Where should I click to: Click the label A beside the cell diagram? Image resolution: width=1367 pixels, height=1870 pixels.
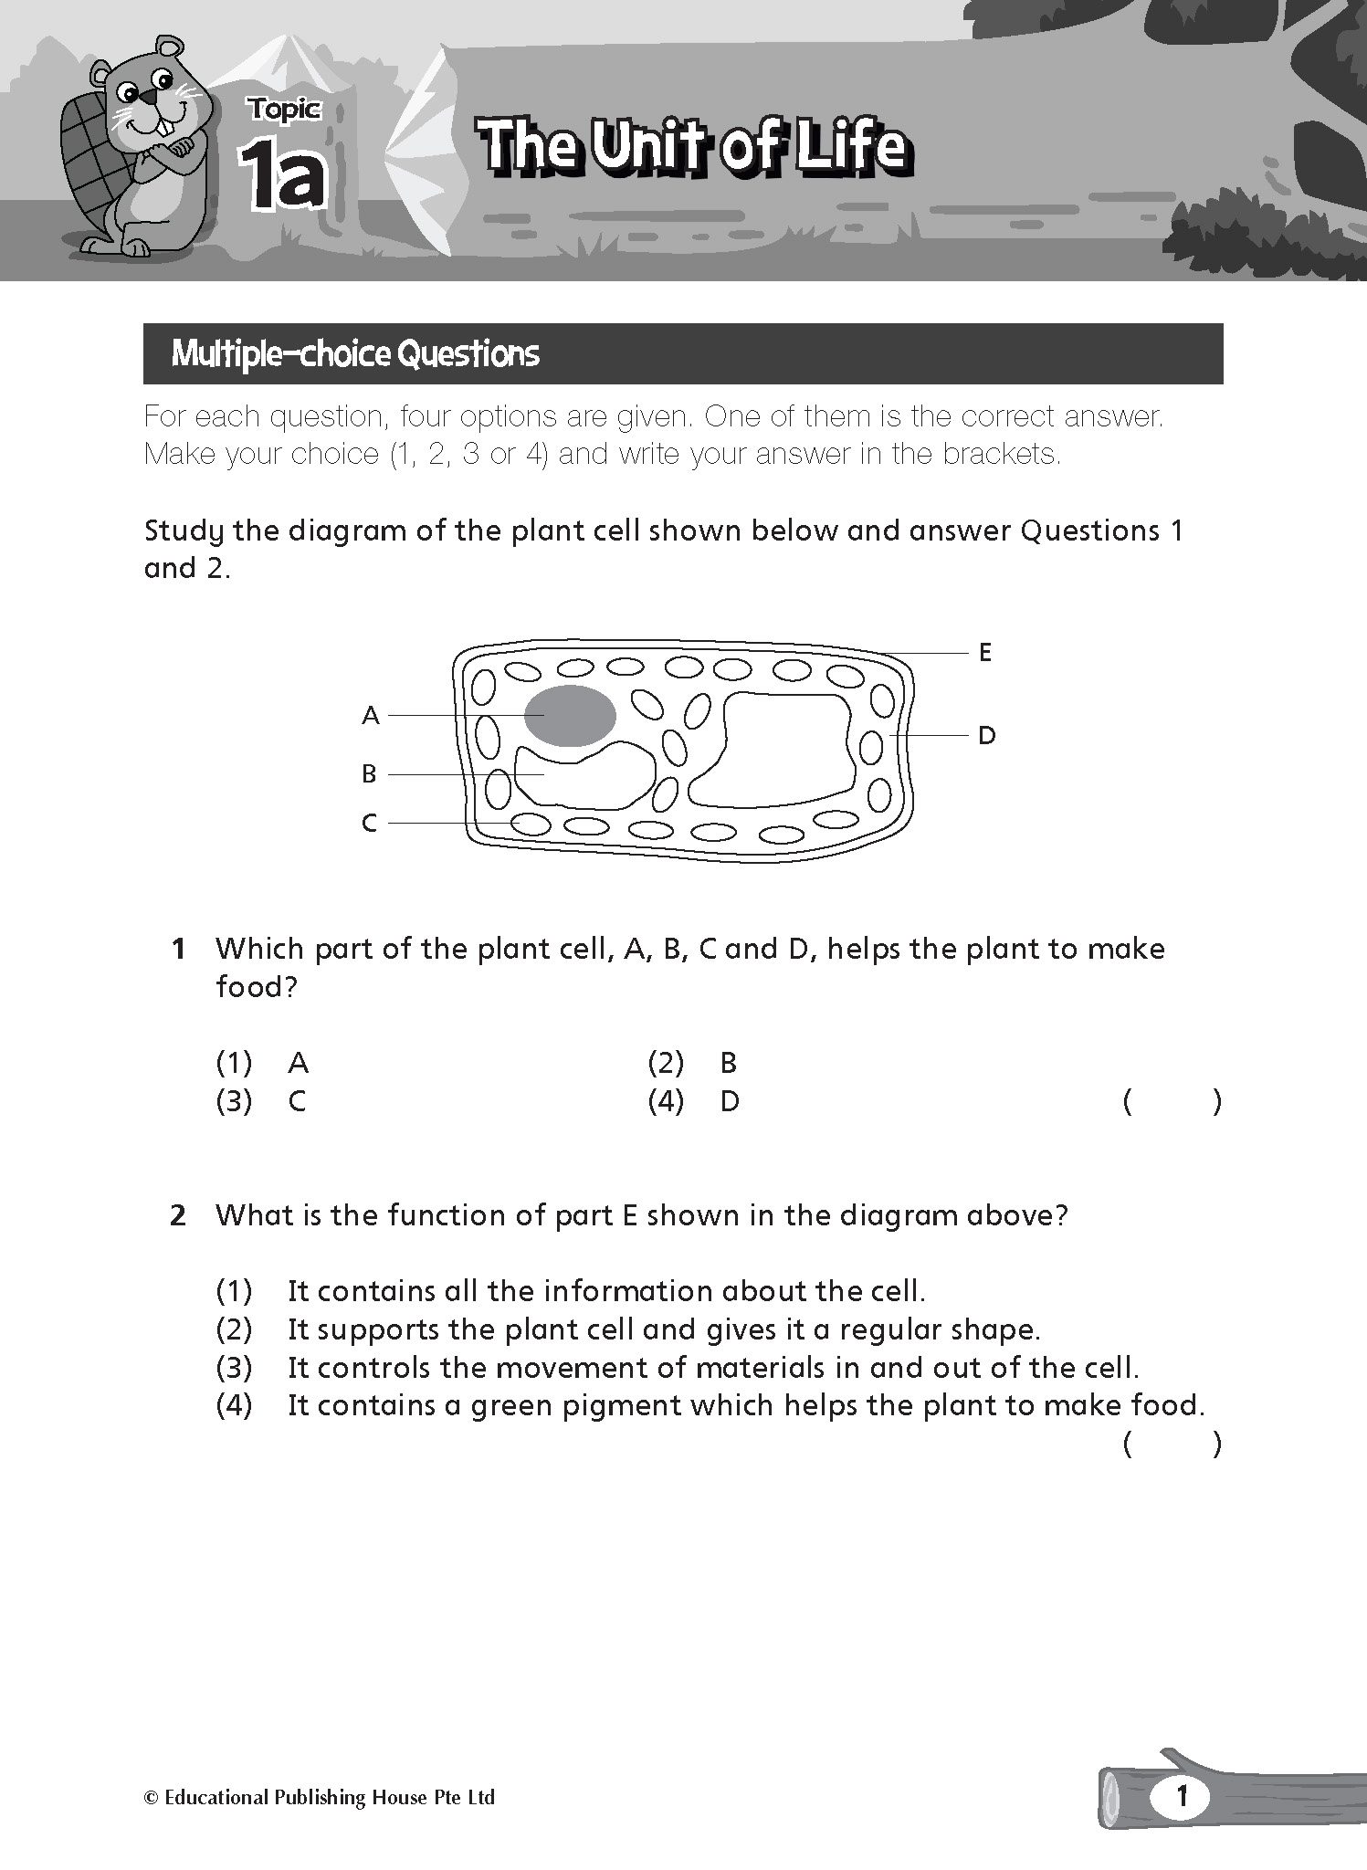pos(370,716)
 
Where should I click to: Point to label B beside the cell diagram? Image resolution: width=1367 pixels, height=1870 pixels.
pos(369,775)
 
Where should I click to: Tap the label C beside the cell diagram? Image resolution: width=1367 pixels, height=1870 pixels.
pos(369,824)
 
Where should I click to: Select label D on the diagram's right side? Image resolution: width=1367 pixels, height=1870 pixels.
pos(986,736)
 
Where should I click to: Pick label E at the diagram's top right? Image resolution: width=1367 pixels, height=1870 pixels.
pos(984,653)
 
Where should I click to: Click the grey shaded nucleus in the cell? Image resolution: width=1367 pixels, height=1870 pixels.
pos(570,716)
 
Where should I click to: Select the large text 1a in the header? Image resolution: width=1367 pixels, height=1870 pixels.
pos(283,178)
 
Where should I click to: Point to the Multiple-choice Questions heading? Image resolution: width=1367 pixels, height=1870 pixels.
pos(355,354)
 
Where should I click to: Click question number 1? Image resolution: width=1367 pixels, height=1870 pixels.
pos(179,950)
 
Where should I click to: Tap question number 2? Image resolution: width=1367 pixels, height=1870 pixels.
pos(179,1216)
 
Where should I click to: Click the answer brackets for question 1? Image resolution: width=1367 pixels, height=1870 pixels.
pos(1172,1103)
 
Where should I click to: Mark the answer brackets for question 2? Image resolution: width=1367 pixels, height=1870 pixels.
pos(1172,1445)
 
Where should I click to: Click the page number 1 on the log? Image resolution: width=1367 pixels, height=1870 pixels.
pos(1182,1797)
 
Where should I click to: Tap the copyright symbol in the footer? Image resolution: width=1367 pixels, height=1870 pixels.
pos(151,1798)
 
